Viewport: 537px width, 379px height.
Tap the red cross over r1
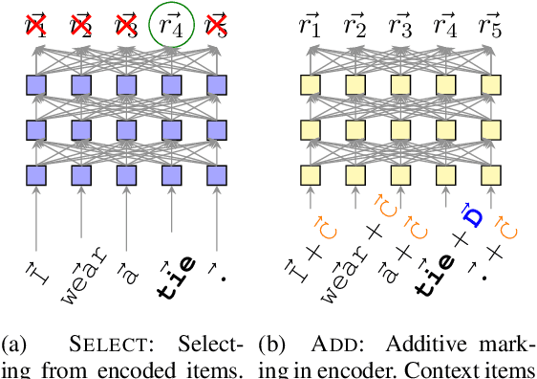click(x=35, y=26)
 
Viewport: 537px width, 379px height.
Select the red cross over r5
click(x=219, y=26)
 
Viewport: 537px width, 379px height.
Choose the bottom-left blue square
click(x=35, y=174)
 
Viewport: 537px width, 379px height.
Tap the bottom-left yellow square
click(x=309, y=174)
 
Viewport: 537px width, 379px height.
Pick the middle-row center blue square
click(x=127, y=129)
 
